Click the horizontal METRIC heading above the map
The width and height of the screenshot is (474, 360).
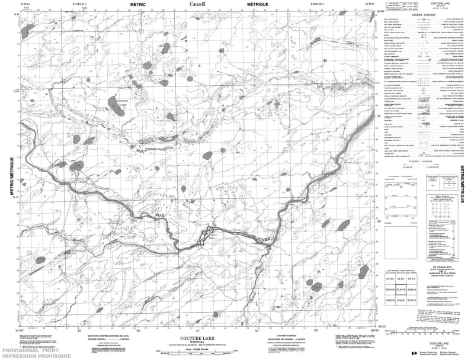coord(139,4)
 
